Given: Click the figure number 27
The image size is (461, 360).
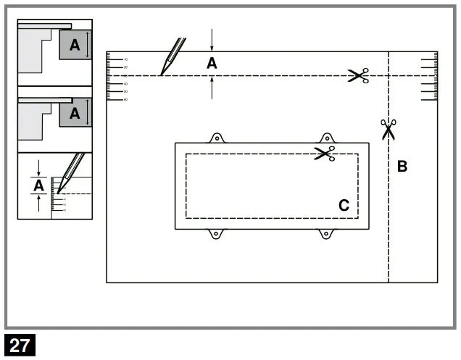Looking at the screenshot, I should [20, 346].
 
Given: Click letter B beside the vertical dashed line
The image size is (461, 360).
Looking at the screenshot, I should [402, 167].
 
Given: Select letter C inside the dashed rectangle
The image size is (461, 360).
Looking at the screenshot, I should [344, 206].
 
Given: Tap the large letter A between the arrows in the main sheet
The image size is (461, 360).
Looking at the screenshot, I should [212, 64].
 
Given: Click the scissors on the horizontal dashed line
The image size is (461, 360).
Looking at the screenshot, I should [358, 75].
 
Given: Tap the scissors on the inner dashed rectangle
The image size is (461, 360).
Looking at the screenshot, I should [324, 154].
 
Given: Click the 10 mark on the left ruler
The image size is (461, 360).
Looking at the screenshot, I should [125, 59].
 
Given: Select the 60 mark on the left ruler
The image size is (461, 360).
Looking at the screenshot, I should [125, 99].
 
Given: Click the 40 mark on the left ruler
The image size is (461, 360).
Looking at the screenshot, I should [125, 83].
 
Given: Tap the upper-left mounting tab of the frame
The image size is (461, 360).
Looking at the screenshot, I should [215, 138].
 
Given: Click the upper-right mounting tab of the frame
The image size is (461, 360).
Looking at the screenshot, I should [327, 138].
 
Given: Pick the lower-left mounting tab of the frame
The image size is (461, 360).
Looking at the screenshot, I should [215, 233].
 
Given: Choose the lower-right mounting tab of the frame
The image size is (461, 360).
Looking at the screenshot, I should [327, 233].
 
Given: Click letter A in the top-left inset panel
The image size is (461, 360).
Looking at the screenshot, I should [75, 45].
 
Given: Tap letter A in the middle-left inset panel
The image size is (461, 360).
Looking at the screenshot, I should [75, 113].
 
